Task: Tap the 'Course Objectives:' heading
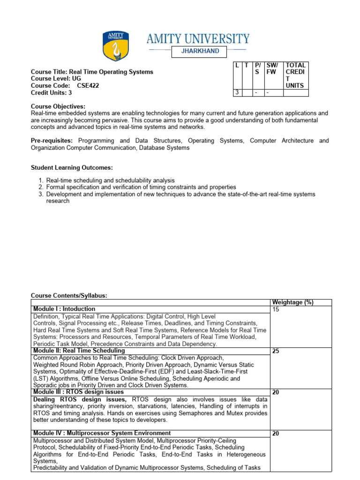(x=58, y=106)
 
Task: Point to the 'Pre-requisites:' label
(x=52, y=141)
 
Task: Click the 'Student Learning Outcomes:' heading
(x=72, y=167)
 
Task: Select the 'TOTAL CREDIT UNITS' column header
(x=296, y=75)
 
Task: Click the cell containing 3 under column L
(x=237, y=93)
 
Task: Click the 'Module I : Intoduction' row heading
(x=64, y=309)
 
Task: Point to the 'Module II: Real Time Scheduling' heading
(x=79, y=351)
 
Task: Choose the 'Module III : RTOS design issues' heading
(x=78, y=392)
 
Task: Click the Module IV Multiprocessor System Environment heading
(x=102, y=433)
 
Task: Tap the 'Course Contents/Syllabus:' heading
(x=69, y=295)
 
